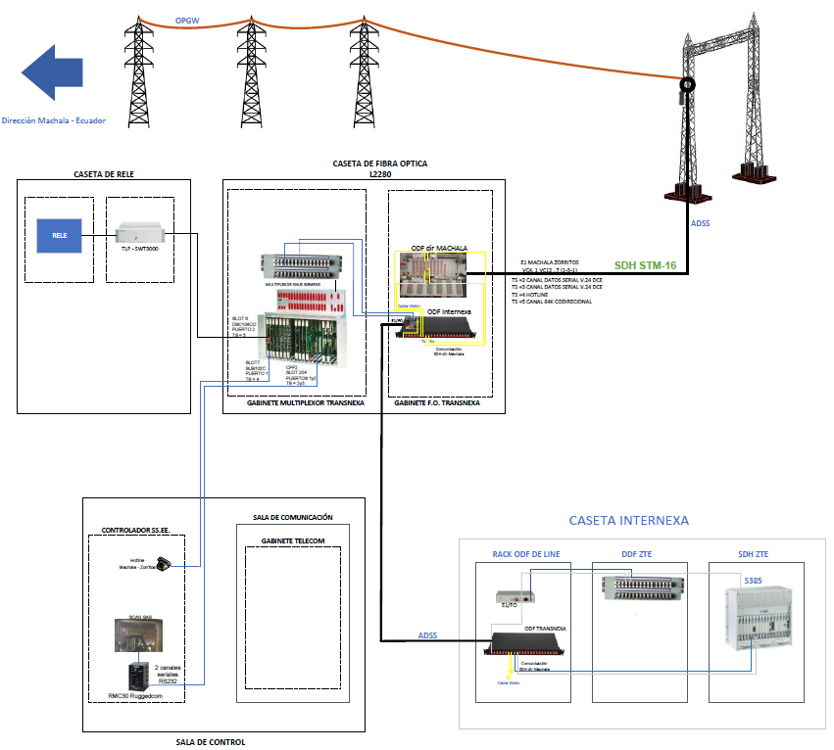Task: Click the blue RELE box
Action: click(59, 236)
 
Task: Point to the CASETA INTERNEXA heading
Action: click(629, 521)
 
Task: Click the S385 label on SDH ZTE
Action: click(753, 581)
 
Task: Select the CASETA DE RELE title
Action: click(103, 174)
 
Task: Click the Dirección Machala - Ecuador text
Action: click(53, 121)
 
